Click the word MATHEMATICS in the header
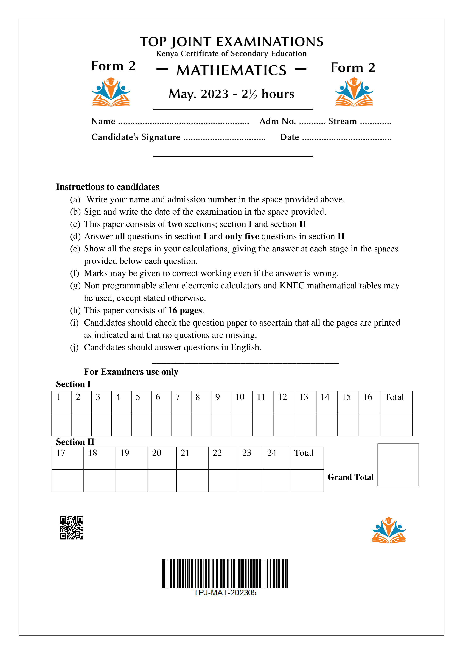pos(231,70)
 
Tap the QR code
pos(71,528)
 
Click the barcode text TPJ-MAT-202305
pos(225,593)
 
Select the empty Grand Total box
pos(398,465)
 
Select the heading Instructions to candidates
pos(107,187)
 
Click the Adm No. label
pos(277,121)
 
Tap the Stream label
pos(342,121)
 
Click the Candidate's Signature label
pos(136,137)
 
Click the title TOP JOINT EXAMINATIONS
pos(231,42)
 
